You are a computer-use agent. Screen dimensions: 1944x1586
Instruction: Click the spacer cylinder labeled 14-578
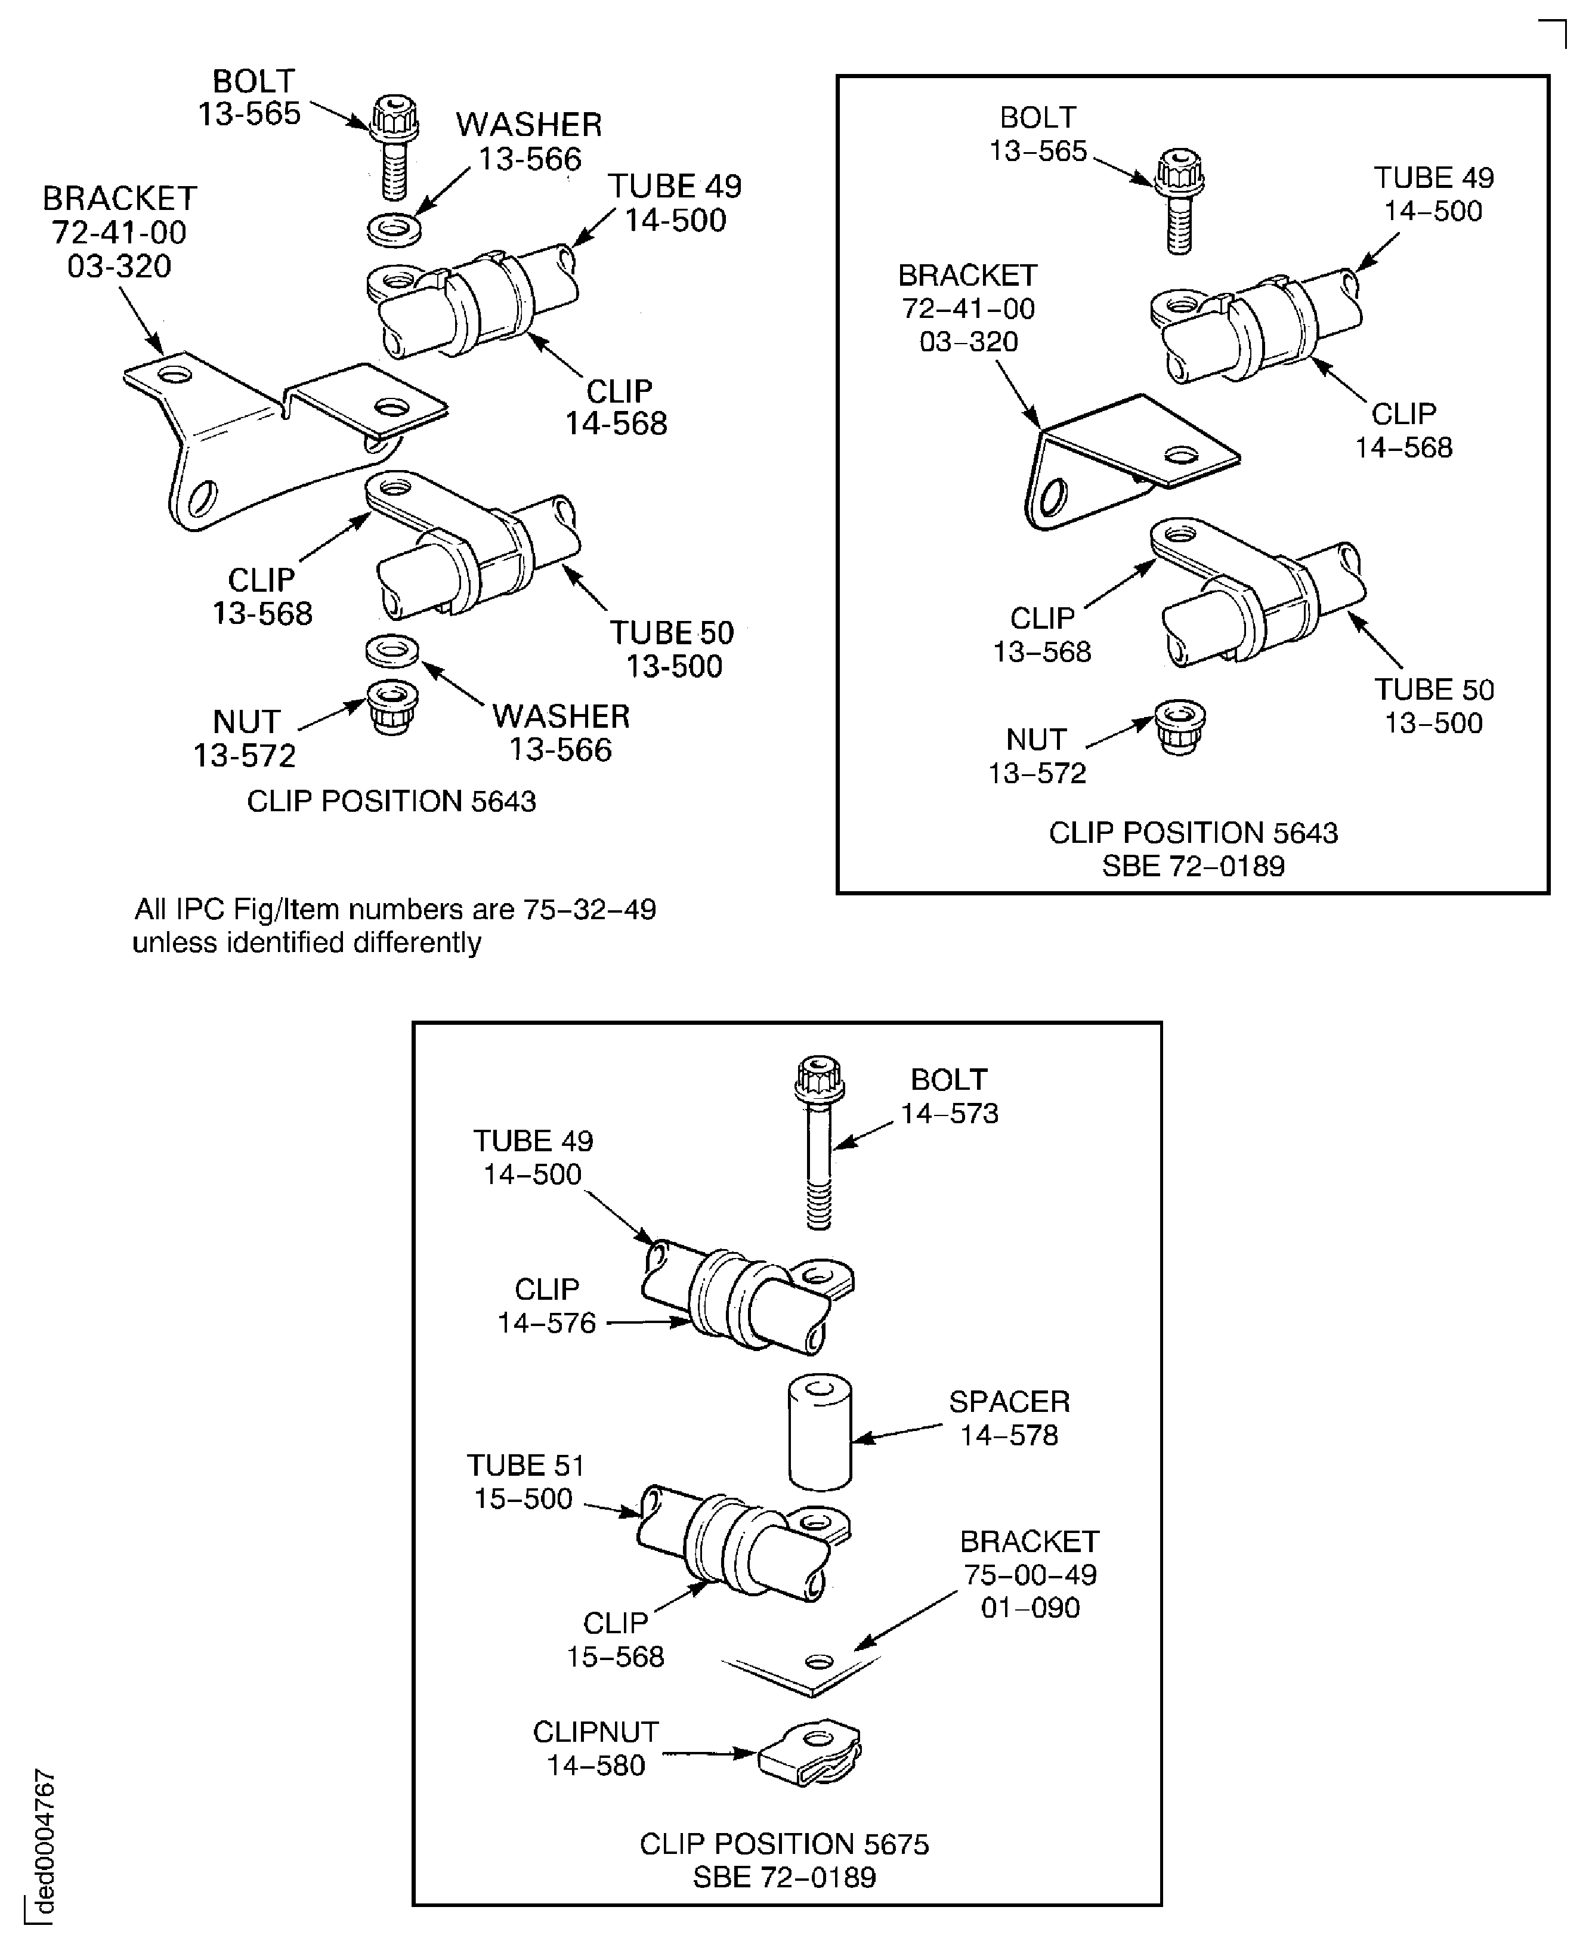pyautogui.click(x=820, y=1434)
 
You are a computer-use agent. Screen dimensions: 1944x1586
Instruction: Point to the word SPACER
pyautogui.click(x=1009, y=1401)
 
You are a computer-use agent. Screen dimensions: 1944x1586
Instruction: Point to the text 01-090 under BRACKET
pyautogui.click(x=1029, y=1607)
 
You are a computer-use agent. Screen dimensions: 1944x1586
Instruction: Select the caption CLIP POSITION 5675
pyautogui.click(x=784, y=1844)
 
